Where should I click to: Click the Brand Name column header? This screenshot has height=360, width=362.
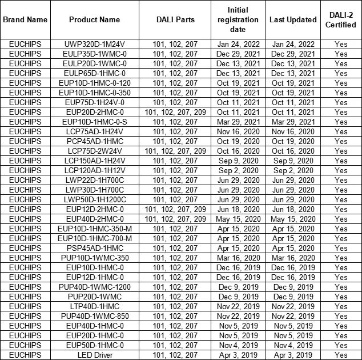(25, 19)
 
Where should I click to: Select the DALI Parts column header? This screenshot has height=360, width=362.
(175, 19)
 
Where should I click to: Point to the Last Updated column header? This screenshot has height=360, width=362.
(293, 19)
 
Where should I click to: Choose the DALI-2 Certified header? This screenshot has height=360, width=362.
(341, 19)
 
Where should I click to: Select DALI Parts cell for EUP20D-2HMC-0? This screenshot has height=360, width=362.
(175, 112)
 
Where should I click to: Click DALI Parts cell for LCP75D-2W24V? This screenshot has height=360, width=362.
(175, 151)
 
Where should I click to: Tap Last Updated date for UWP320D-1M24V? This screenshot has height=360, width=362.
(293, 44)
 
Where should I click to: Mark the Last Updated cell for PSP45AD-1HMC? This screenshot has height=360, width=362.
(293, 248)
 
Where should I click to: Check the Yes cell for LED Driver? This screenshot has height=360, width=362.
(341, 355)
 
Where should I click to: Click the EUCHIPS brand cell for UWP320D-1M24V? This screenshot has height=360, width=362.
(25, 44)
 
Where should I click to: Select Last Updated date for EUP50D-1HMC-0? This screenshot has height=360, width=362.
(293, 345)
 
